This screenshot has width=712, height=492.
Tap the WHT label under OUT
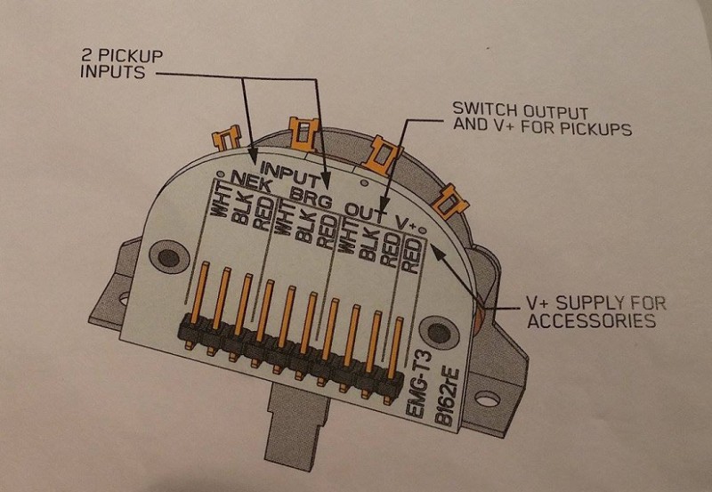click(x=348, y=239)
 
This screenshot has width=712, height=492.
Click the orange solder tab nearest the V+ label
click(x=452, y=200)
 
